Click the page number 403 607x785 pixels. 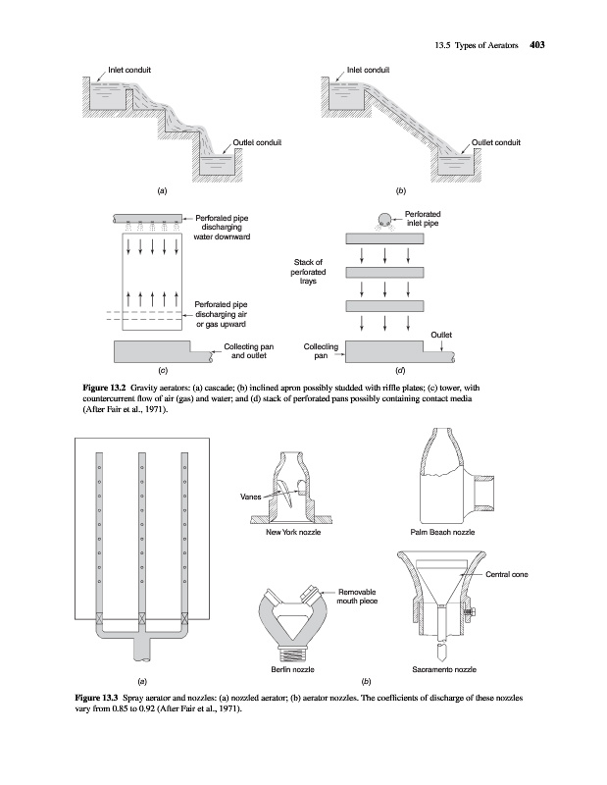pyautogui.click(x=536, y=43)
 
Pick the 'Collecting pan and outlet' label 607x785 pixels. pyautogui.click(x=248, y=352)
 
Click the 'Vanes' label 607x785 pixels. pyautogui.click(x=251, y=497)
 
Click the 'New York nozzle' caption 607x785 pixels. pyautogui.click(x=295, y=531)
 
